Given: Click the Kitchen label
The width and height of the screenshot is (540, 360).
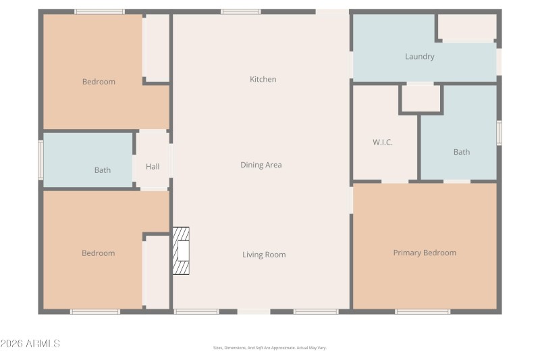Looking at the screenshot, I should (263, 79).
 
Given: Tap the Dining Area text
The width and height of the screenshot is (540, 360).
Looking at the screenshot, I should (261, 165).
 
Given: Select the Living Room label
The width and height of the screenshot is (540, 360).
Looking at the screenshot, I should (264, 255).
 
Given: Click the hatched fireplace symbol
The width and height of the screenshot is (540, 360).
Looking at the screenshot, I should (181, 251).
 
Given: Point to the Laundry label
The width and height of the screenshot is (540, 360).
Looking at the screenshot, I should (419, 57).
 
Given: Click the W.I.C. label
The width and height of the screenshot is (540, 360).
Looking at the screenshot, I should (383, 143).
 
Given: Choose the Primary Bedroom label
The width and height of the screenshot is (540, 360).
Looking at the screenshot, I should (425, 253).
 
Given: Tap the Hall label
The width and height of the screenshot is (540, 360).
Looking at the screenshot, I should (153, 166).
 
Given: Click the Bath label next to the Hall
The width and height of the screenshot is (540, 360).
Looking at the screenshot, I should (103, 170).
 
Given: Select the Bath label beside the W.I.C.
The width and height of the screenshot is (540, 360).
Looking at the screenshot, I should (462, 152).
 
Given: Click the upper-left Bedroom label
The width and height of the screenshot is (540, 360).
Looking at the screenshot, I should (99, 82).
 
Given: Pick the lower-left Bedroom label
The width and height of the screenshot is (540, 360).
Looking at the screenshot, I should (98, 253).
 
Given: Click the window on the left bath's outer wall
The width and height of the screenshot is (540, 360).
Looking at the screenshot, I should (40, 160).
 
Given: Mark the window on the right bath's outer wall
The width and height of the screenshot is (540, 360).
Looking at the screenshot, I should (499, 132).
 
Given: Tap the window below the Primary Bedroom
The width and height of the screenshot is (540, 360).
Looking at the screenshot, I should (423, 311).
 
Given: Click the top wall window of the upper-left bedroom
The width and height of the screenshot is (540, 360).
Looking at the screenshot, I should (99, 11).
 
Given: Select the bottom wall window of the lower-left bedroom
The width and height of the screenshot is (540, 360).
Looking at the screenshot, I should (95, 311).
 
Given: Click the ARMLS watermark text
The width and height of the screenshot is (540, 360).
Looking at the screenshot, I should (30, 344).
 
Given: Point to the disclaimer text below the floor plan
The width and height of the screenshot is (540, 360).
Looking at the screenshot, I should (269, 348).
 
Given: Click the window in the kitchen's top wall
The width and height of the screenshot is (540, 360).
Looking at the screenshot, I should (241, 11).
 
